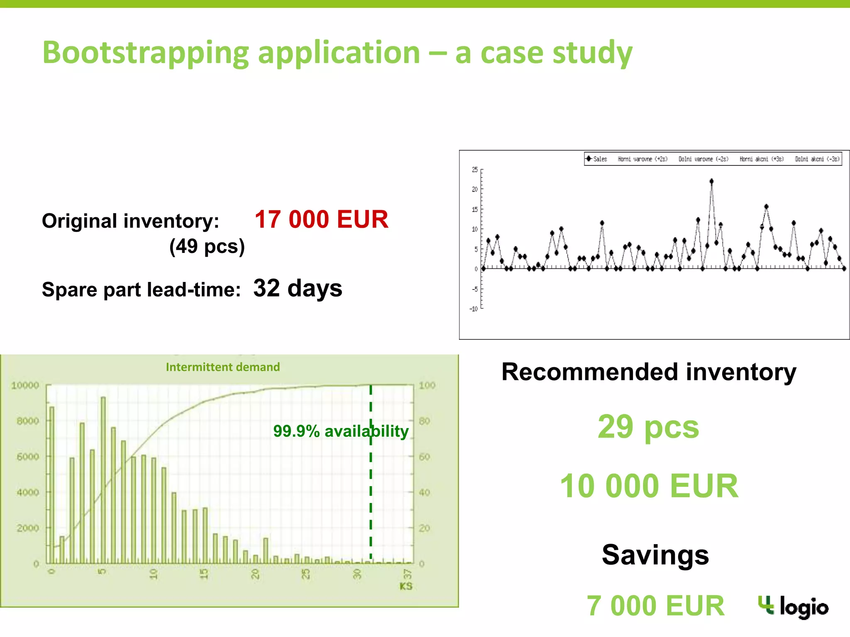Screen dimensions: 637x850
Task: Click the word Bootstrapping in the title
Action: [145, 53]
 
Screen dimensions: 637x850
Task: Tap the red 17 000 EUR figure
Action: [321, 219]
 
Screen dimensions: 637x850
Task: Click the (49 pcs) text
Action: [207, 246]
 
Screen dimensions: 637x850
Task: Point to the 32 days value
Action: [298, 288]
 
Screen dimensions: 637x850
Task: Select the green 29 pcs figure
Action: [648, 427]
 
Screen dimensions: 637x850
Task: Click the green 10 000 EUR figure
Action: [649, 486]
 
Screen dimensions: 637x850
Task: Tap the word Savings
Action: [655, 555]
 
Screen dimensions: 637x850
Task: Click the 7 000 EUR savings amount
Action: [655, 606]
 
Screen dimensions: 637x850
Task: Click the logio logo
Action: [793, 607]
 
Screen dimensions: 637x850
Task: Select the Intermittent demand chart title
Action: [222, 367]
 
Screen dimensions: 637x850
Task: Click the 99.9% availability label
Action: [340, 431]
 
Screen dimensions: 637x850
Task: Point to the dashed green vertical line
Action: [371, 498]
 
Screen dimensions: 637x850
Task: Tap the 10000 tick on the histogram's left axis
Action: [25, 386]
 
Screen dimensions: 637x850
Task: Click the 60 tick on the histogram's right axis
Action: [425, 457]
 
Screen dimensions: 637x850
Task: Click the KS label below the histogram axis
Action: [405, 586]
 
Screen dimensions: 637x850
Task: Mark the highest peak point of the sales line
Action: [711, 181]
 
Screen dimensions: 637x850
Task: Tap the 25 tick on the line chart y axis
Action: [475, 170]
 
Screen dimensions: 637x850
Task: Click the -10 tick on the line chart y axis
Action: [474, 309]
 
